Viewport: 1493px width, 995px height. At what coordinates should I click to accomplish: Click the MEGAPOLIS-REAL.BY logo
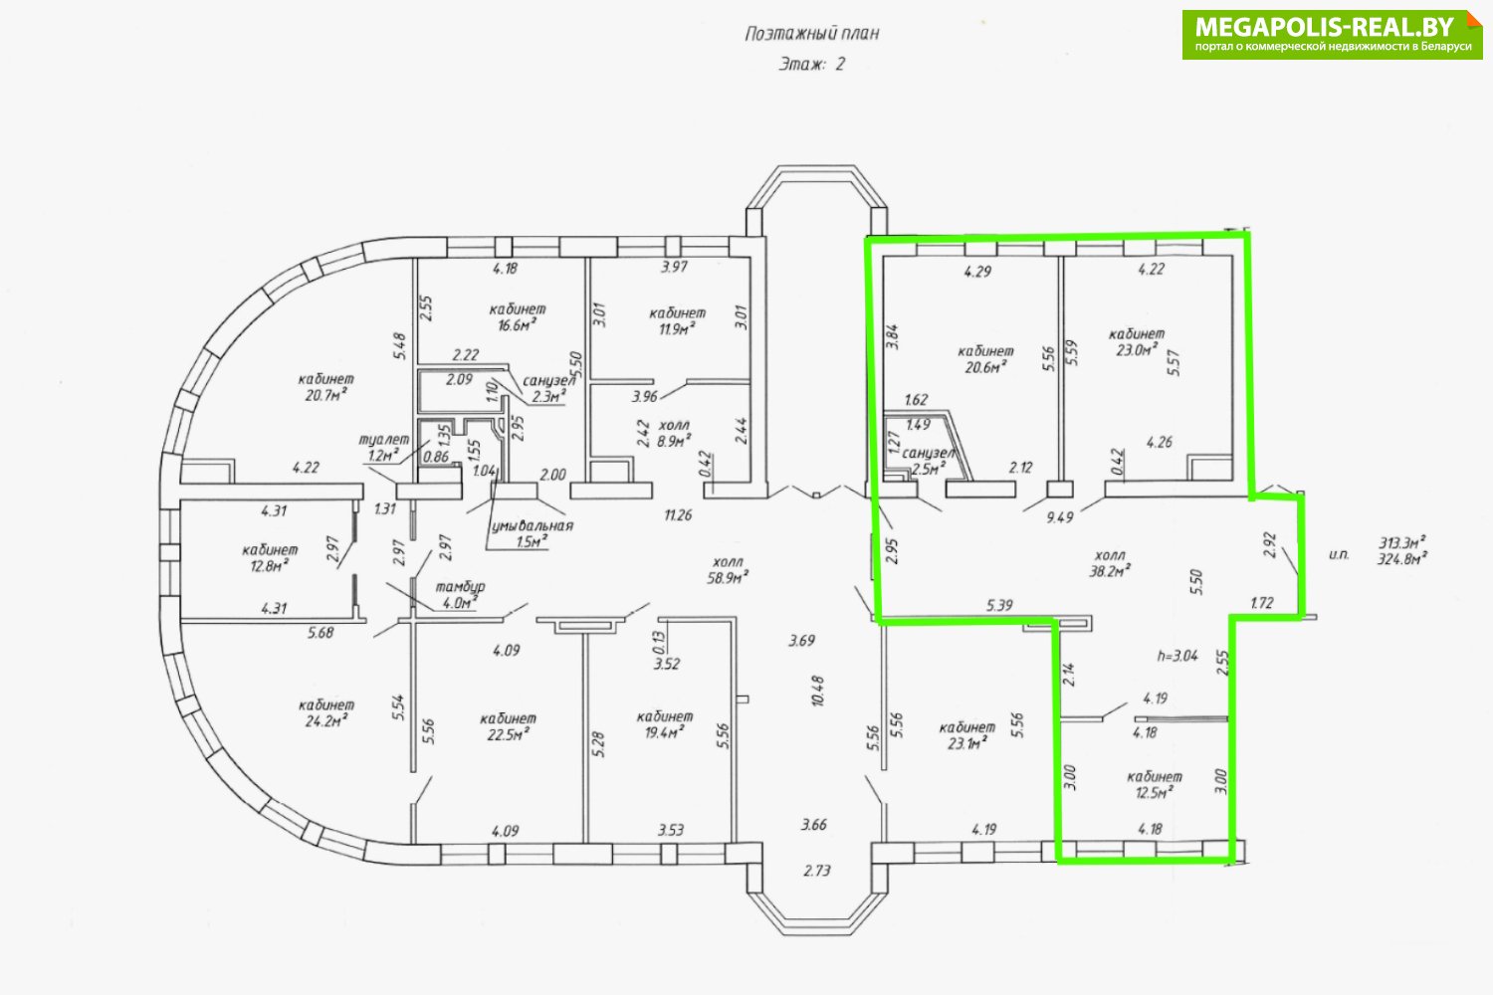(x=1333, y=35)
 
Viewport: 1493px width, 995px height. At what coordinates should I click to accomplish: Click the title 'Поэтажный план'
(x=812, y=33)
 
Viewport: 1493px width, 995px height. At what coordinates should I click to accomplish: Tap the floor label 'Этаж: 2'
(x=812, y=64)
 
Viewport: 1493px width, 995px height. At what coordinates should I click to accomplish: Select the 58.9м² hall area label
(x=728, y=570)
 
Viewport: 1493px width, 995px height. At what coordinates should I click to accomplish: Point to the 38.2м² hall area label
(x=1110, y=563)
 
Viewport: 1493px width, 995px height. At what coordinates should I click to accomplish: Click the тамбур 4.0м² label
(x=460, y=595)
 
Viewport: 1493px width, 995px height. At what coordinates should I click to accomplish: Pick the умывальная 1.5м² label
(x=532, y=533)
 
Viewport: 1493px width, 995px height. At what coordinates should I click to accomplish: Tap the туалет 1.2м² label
(x=384, y=447)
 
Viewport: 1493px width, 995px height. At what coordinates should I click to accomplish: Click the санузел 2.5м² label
(x=929, y=461)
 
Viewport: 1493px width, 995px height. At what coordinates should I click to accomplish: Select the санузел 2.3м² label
(x=548, y=388)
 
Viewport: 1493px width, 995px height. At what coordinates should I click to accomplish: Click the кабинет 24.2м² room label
(x=325, y=711)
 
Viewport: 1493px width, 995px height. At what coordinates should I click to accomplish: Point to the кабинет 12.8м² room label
(x=270, y=557)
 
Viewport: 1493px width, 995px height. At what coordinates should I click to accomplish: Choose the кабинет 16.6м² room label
(x=518, y=316)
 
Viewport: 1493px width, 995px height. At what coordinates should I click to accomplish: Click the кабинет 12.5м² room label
(x=1155, y=784)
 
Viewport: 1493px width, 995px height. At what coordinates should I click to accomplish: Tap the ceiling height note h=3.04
(x=1177, y=656)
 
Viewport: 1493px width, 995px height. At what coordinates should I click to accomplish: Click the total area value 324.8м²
(x=1402, y=559)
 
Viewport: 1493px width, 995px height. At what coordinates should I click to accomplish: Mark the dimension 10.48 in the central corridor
(x=818, y=691)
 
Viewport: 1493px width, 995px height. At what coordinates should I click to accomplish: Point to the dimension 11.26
(x=678, y=514)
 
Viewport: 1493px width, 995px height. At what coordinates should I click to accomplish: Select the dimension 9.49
(x=1060, y=517)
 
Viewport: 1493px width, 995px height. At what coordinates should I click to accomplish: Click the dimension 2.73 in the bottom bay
(x=817, y=871)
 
